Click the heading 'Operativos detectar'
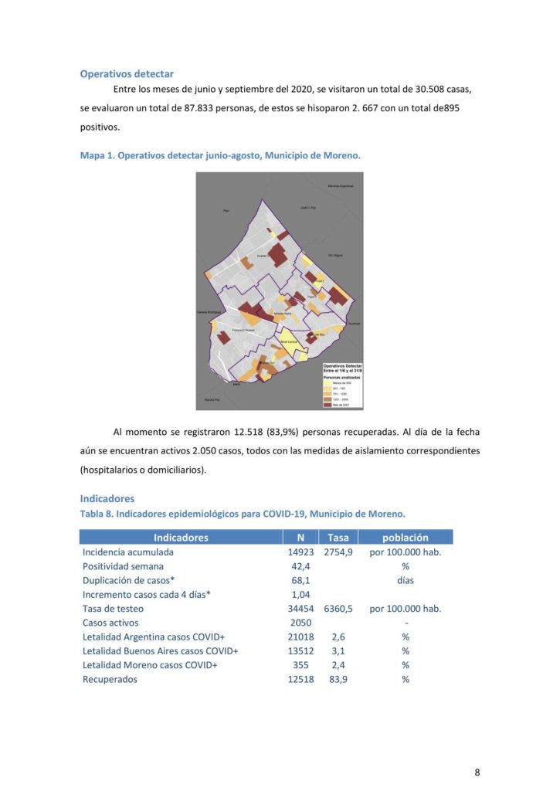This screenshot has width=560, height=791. click(127, 74)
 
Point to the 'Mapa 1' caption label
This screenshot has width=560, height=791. click(97, 155)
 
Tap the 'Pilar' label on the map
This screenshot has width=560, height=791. click(226, 210)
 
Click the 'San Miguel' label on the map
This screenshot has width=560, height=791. click(334, 254)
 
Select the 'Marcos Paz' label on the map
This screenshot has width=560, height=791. click(212, 399)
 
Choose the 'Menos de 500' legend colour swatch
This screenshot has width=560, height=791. click(328, 382)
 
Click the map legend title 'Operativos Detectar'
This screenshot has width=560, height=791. click(342, 365)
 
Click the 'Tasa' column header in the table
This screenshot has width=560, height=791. click(338, 537)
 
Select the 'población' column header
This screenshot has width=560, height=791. click(406, 537)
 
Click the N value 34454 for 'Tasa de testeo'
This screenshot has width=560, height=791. click(300, 609)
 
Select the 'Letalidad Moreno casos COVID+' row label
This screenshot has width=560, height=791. click(150, 665)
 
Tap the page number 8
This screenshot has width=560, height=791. click(477, 772)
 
